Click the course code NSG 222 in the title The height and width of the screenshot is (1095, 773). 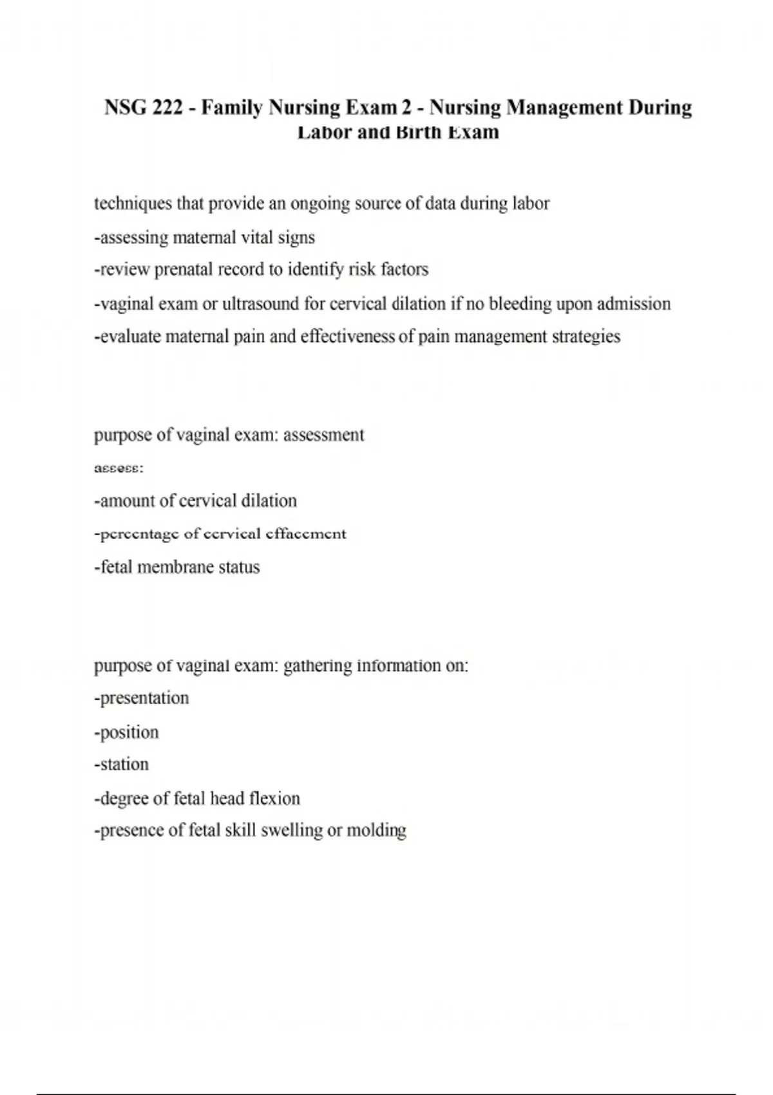click(x=143, y=107)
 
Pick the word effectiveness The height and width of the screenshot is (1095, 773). click(x=347, y=336)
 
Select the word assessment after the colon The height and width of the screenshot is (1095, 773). click(x=323, y=435)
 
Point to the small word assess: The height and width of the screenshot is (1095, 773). click(x=119, y=468)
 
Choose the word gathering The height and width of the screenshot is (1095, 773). click(x=318, y=665)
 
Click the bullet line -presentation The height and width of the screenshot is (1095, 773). click(x=142, y=698)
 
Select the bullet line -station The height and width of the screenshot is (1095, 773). click(x=122, y=765)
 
